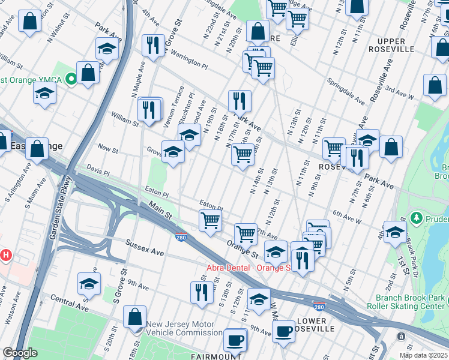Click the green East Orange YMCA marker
pos(71,79)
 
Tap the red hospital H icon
pos(6,255)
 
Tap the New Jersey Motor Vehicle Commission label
pos(184,328)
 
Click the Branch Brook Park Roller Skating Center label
pos(411,302)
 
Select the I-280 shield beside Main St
pos(181,238)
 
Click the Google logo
pos(20,353)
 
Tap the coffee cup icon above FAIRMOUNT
pos(235,339)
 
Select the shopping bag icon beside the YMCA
pos(88,73)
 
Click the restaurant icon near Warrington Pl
pos(153,44)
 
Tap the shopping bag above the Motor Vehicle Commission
pos(135,317)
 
